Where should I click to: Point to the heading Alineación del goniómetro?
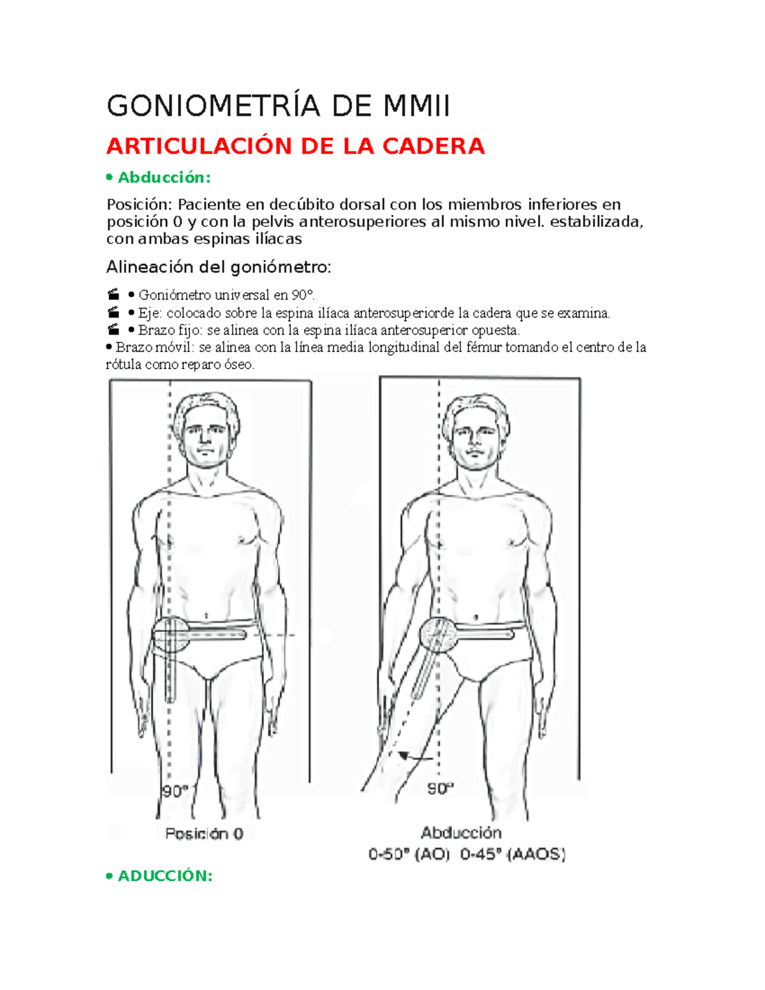pyautogui.click(x=219, y=267)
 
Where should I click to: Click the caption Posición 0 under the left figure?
pyautogui.click(x=204, y=833)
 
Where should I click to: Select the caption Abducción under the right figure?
pyautogui.click(x=461, y=833)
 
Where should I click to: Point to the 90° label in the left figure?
pyautogui.click(x=175, y=791)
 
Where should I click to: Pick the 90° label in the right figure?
pyautogui.click(x=440, y=789)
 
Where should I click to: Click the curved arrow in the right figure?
pyautogui.click(x=414, y=757)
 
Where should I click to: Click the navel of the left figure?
pyautogui.click(x=206, y=616)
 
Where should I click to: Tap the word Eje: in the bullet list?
pyautogui.click(x=150, y=313)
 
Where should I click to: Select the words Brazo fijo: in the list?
pyautogui.click(x=161, y=330)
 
